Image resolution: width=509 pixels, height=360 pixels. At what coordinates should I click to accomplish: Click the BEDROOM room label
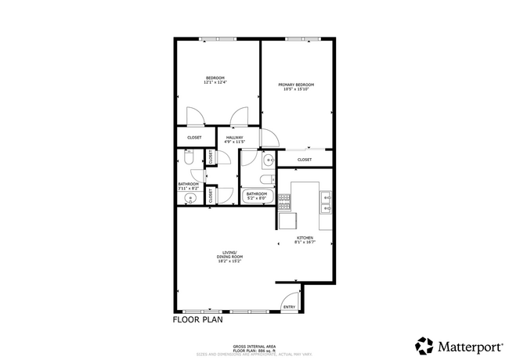point(215,77)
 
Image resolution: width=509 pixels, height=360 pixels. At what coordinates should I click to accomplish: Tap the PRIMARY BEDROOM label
point(298,85)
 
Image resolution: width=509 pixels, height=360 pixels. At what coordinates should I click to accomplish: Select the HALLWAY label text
point(235,138)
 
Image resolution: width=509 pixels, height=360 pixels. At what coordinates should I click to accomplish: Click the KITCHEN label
point(305,238)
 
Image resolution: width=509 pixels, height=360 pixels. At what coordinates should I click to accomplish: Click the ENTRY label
point(289,307)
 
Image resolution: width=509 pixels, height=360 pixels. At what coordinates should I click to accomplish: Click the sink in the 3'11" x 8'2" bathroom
point(189,199)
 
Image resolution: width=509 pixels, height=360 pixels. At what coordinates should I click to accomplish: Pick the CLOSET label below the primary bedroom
point(305,160)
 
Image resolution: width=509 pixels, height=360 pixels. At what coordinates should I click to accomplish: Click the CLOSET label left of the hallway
point(194,138)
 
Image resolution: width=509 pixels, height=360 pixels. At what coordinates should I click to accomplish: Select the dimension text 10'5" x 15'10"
point(298,89)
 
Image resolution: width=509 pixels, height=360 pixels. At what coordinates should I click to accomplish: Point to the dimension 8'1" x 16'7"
point(305,243)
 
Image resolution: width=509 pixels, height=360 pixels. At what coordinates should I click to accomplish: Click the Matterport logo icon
point(424,345)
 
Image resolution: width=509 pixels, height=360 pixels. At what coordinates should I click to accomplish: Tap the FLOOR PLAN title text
point(197,320)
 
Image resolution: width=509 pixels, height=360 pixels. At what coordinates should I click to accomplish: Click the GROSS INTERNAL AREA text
point(254,346)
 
